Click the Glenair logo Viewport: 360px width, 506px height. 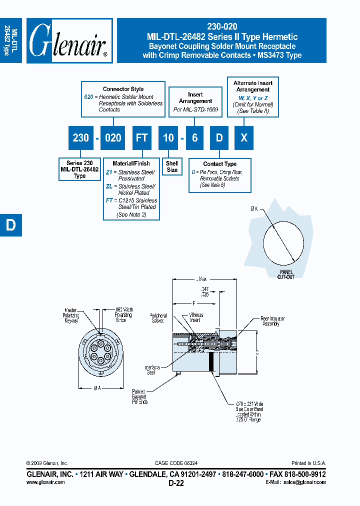click(x=69, y=41)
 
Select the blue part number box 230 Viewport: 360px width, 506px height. click(x=80, y=137)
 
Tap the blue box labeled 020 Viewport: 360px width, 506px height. click(x=112, y=137)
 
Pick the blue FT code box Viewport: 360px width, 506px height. click(x=142, y=137)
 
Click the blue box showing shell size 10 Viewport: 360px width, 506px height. click(x=168, y=137)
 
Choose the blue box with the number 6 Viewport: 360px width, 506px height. click(x=194, y=137)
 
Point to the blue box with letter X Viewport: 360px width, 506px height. click(x=244, y=137)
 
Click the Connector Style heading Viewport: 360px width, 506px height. click(x=123, y=89)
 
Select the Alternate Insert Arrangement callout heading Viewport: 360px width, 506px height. click(x=252, y=86)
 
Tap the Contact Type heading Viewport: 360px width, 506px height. click(x=219, y=164)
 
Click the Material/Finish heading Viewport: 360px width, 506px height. click(x=131, y=163)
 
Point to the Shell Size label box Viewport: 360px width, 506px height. click(x=172, y=166)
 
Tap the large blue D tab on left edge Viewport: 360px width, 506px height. click(x=10, y=225)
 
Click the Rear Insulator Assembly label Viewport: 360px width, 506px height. click(x=274, y=320)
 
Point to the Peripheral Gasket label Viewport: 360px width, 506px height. click(x=158, y=318)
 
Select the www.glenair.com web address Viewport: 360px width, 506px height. click(x=45, y=482)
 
